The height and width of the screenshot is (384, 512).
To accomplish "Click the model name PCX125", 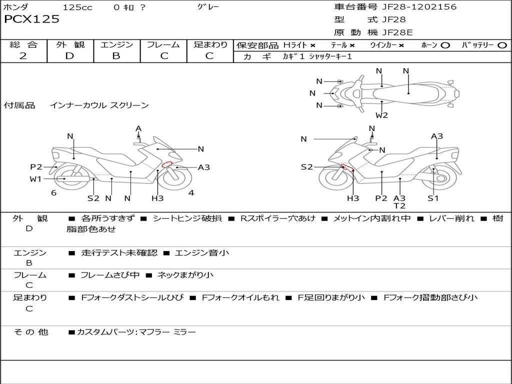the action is coord(31,19).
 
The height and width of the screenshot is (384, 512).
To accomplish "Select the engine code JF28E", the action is coord(397,32).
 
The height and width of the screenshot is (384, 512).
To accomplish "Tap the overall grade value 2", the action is coord(23,56).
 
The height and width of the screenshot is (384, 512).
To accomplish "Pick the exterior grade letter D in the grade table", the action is coord(69,56).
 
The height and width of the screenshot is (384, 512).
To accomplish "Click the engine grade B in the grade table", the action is coord(116,56).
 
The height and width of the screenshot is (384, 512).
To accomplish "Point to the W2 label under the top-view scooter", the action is coord(381,115).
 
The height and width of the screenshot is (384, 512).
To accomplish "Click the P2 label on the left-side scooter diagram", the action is coord(36,167).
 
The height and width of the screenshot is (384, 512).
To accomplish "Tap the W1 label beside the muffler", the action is coord(35,179).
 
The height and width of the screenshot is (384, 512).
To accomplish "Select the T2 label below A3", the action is coord(399,205).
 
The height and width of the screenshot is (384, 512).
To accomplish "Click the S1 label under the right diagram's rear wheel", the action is coord(433,198).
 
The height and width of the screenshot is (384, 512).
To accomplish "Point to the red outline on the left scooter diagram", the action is coord(167,164).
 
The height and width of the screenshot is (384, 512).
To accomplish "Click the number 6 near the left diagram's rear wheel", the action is coord(53,193).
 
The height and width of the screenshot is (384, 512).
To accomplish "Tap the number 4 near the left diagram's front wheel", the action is coord(191,192).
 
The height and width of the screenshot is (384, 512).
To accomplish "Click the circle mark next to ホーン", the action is coord(445,45).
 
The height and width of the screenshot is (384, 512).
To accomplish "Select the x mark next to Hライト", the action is coord(313,45).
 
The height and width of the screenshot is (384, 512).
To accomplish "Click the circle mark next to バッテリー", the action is coord(502,45).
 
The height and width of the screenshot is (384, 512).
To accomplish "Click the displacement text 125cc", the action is coord(77,7).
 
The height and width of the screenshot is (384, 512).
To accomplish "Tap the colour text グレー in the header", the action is coord(208,6).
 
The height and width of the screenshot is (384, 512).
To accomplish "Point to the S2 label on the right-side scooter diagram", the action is coord(306,167).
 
